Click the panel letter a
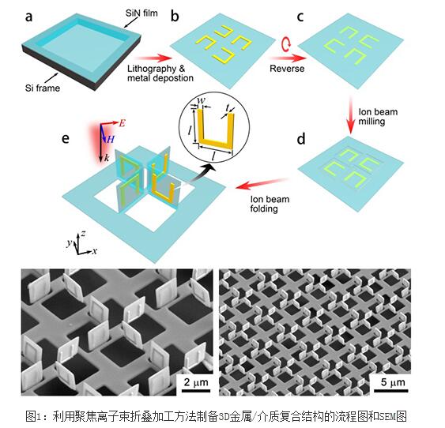pyautogui.click(x=28, y=17)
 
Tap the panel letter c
pyautogui.click(x=300, y=17)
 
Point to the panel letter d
pyautogui.click(x=301, y=139)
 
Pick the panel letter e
pyautogui.click(x=66, y=139)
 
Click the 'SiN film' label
pyautogui.click(x=141, y=13)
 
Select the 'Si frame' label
pyautogui.click(x=43, y=88)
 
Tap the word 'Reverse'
pyautogui.click(x=287, y=69)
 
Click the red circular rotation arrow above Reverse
pyautogui.click(x=286, y=44)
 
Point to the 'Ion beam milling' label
pyautogui.click(x=378, y=117)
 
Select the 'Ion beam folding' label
pyautogui.click(x=270, y=204)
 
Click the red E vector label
pyautogui.click(x=122, y=123)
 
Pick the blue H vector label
pyautogui.click(x=111, y=139)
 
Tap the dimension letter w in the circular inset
pyautogui.click(x=201, y=100)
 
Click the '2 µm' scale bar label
pyautogui.click(x=196, y=382)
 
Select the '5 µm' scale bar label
pyautogui.click(x=393, y=382)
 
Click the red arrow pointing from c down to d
pyautogui.click(x=351, y=115)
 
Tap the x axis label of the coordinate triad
pyautogui.click(x=95, y=251)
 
